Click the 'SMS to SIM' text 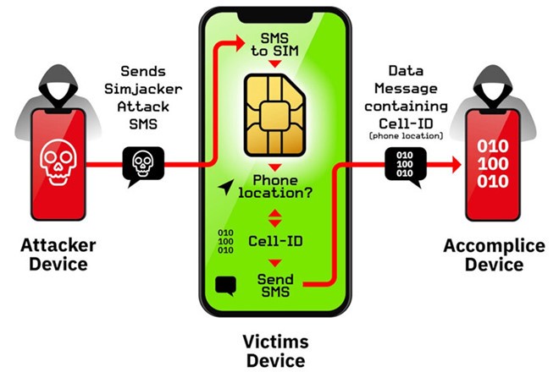pos(279,47)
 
